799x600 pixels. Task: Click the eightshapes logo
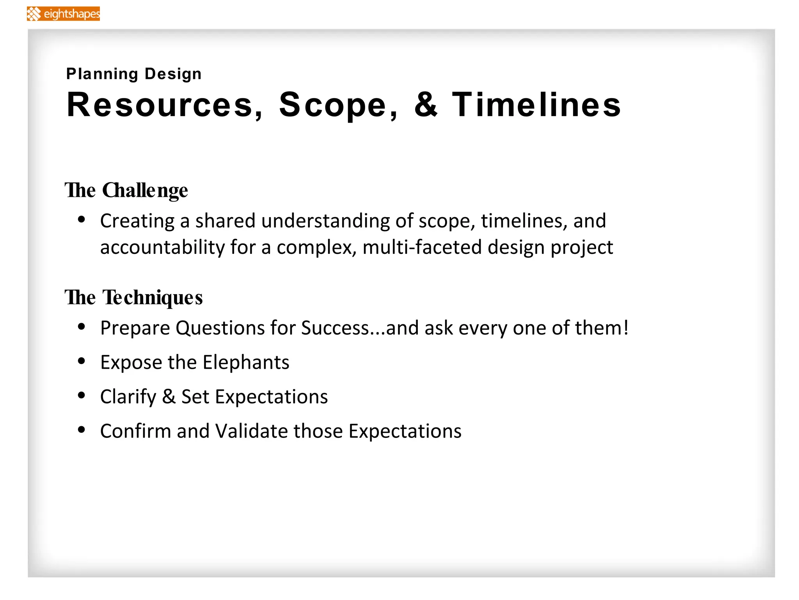(x=63, y=14)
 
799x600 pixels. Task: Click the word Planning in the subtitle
(x=102, y=74)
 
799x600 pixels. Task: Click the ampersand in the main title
(x=426, y=105)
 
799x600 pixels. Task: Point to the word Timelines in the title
(x=536, y=105)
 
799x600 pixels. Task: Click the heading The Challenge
(x=126, y=191)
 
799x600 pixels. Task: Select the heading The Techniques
(x=133, y=298)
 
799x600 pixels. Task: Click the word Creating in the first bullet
(x=137, y=221)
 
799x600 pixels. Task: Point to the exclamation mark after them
(x=626, y=327)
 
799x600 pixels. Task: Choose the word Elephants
(x=246, y=362)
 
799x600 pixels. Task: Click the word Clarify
(x=128, y=397)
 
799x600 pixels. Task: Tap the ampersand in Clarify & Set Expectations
(x=169, y=397)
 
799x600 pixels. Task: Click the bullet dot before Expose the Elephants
(x=82, y=361)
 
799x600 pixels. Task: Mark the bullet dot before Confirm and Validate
(x=82, y=430)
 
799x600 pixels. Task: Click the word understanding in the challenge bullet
(x=325, y=221)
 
